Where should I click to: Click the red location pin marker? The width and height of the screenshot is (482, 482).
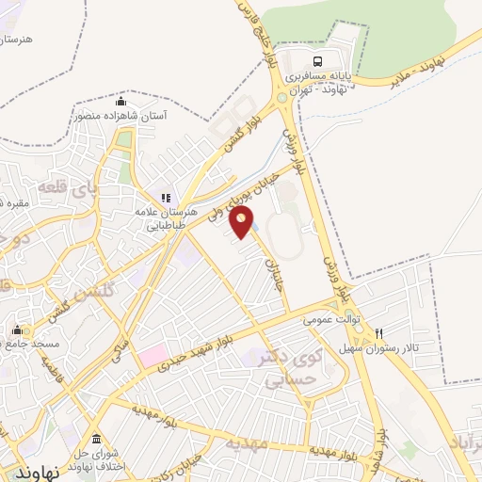pos(243,223)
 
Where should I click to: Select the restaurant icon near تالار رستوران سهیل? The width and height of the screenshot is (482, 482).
pos(378,332)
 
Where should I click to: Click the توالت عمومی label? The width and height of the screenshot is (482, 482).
pos(325,320)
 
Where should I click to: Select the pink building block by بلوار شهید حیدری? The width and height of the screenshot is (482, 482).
pos(150,357)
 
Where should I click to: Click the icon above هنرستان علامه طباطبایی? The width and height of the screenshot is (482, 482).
pos(166,198)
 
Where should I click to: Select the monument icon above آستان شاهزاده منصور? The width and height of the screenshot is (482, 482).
pos(120,101)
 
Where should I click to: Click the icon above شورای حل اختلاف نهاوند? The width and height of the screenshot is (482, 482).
pos(97,439)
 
